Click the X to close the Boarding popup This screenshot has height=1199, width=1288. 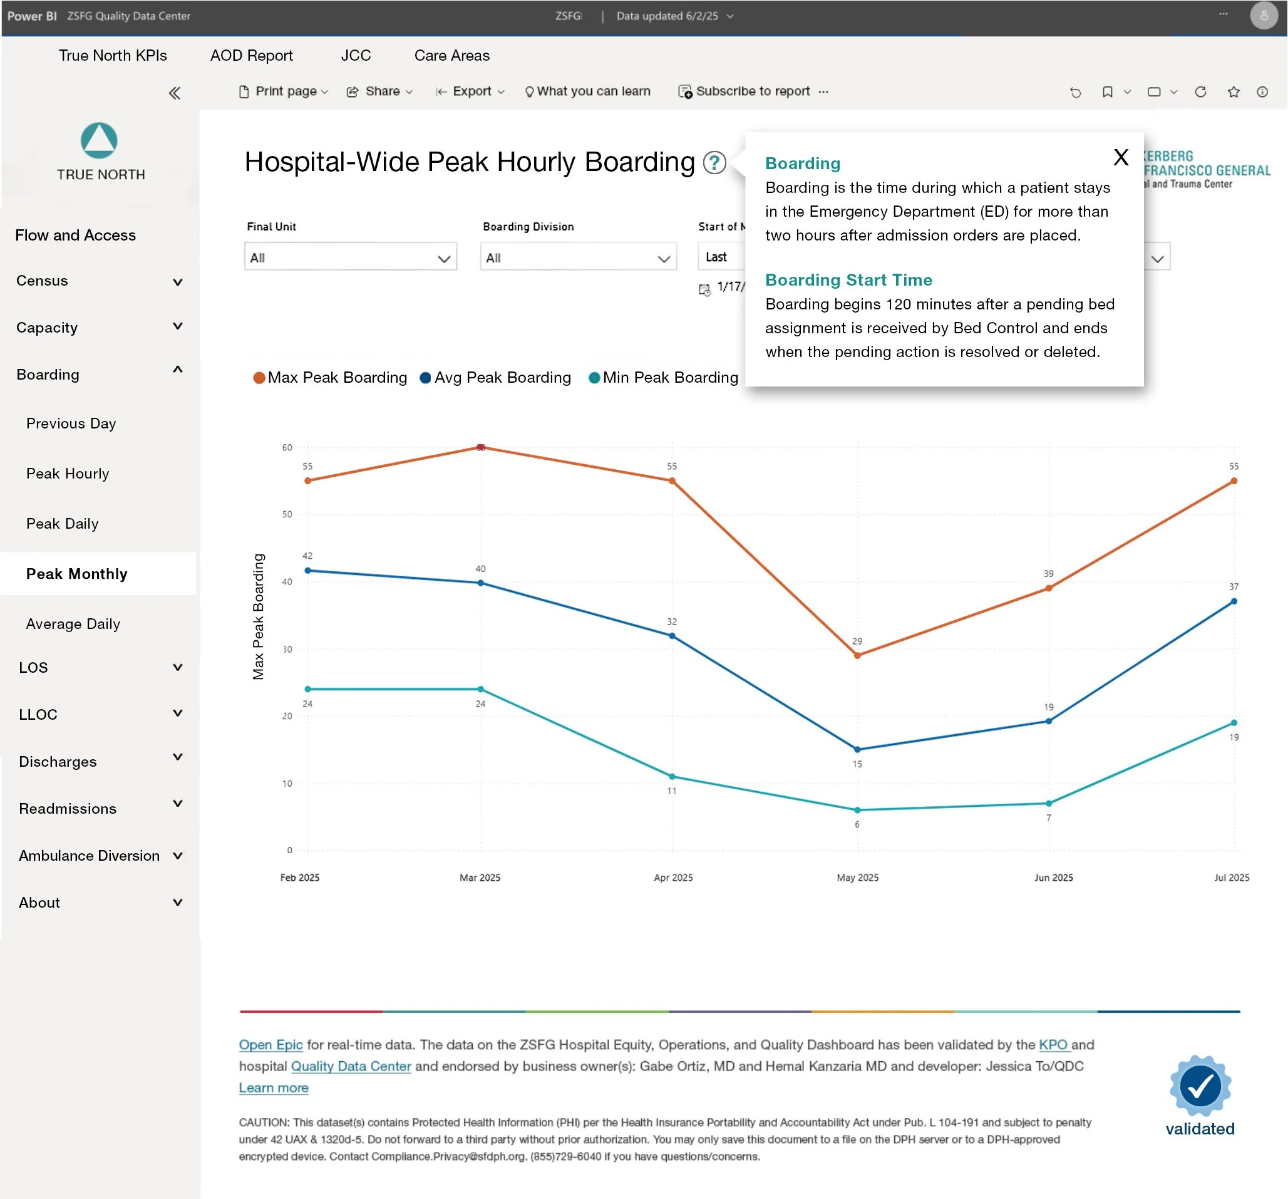[1120, 157]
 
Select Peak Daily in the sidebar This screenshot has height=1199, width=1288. [62, 524]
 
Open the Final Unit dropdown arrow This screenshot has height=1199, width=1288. [443, 259]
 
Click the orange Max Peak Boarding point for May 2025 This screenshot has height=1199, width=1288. [857, 655]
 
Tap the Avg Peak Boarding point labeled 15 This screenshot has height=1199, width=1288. [857, 749]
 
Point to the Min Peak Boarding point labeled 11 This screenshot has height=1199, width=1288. [672, 776]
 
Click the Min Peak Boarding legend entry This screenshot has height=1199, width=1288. [663, 378]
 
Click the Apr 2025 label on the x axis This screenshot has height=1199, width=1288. [672, 878]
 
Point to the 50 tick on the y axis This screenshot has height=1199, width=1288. [286, 514]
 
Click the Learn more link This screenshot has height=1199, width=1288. [274, 1087]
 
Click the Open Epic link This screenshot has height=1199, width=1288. [270, 1045]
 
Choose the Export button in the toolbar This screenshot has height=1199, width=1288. [470, 91]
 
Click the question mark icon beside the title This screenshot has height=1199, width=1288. [714, 163]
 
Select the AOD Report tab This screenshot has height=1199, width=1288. [250, 56]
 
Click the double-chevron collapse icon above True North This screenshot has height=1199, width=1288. [174, 93]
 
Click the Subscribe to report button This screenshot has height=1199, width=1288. [744, 91]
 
